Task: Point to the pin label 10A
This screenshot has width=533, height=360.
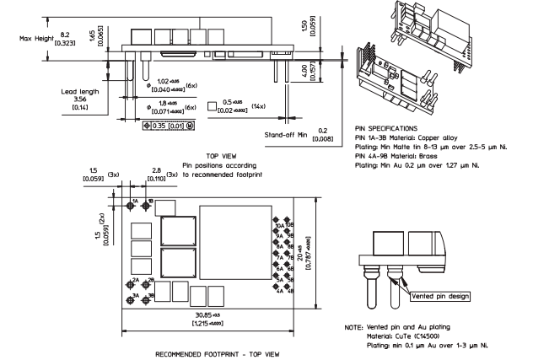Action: pos(279,226)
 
